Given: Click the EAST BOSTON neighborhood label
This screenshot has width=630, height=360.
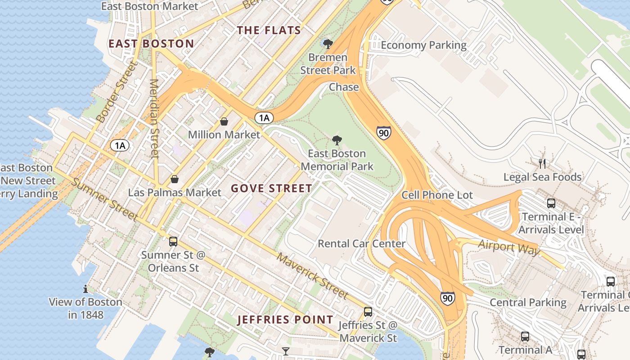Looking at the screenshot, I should coord(151,44).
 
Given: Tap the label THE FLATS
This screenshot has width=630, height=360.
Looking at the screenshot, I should coord(269,30).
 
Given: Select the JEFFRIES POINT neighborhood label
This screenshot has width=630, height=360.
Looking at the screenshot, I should coord(285,320).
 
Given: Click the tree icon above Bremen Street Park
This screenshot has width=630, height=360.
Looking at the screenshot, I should coord(328,44).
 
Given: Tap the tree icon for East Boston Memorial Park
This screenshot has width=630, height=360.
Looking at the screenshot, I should coord(337,140).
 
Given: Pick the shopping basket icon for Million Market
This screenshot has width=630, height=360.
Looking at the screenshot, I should coord(224,121).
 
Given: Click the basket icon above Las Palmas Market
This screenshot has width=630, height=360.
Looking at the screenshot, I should coord(175,180).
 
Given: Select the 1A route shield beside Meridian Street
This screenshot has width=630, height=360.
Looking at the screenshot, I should coord(120,145).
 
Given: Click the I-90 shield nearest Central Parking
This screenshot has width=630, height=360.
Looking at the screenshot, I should coord(447,298).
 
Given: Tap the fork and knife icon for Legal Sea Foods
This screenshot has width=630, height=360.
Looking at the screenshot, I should coord(542,163).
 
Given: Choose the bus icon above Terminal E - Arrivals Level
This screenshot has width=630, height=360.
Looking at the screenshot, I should coord(551,203).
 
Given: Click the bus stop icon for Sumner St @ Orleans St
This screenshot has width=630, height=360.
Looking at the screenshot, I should coord(173,242).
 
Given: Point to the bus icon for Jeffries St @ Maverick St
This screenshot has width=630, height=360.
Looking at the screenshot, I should coord(368,311).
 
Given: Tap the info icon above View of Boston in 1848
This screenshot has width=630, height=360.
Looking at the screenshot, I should coord(85,288).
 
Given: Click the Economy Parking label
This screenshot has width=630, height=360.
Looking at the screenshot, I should coord(423,45).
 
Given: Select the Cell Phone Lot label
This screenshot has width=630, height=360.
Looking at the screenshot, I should coord(437,195).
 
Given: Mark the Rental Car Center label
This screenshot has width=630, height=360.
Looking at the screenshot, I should coord(361,243).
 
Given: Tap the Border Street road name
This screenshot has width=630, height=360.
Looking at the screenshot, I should coord(116,93).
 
